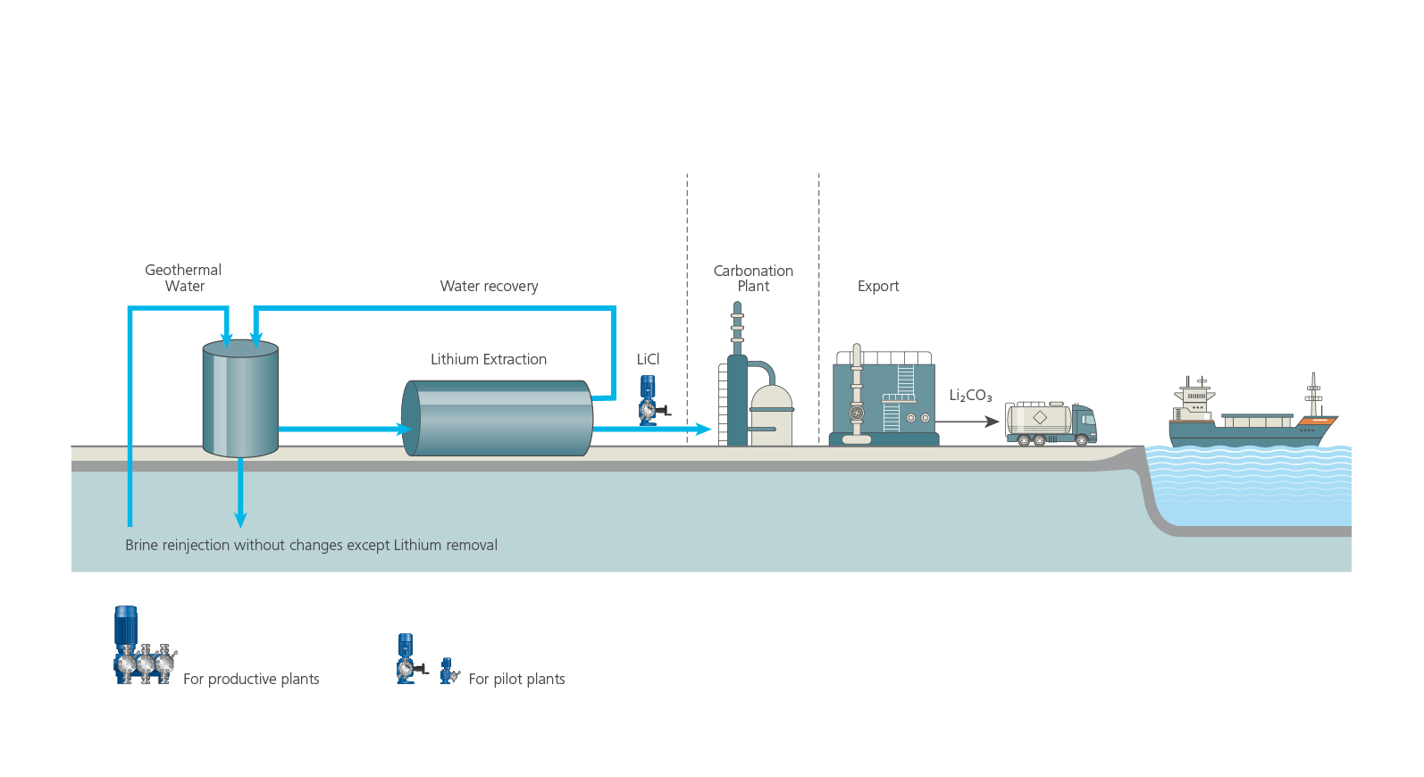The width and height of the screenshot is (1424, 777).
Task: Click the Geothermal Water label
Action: point(183,278)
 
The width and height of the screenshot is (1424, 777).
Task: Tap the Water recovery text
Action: point(489,287)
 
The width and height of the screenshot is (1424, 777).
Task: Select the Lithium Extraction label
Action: point(488,359)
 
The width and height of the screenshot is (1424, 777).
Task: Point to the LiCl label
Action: point(648,359)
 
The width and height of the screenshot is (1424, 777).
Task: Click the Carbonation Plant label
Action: point(753,278)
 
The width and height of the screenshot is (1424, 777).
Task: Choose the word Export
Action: point(878,287)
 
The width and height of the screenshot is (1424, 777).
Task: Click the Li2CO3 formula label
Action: point(970,396)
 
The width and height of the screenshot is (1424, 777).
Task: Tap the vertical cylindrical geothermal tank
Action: point(240,398)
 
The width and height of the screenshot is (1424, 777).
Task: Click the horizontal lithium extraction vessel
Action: point(497,418)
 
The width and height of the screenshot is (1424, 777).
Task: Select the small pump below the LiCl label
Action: point(649,401)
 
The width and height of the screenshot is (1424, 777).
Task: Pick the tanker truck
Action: point(1051,423)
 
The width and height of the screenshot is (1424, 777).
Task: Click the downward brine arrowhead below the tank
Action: point(240,519)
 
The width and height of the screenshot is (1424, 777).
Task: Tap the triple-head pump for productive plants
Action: point(143,647)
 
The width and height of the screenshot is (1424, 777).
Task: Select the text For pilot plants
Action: point(516,680)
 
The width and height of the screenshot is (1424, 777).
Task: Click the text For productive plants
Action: point(251,680)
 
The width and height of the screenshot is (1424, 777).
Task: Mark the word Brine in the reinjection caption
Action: point(141,546)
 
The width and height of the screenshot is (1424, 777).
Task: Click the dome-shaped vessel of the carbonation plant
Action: point(771,414)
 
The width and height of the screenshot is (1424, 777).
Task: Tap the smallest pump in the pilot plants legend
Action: point(448,672)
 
